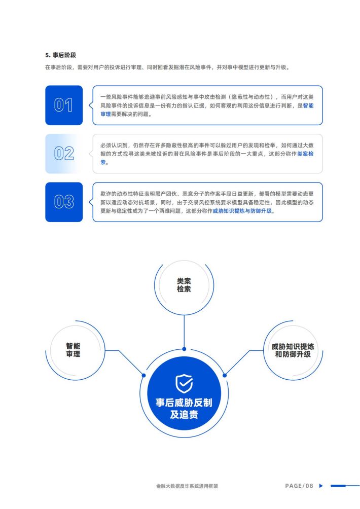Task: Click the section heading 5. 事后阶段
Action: coord(60,55)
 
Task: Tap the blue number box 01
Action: coord(64,105)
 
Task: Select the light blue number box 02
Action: coord(64,154)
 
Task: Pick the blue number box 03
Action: coord(64,202)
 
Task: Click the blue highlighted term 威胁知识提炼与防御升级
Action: coord(242,211)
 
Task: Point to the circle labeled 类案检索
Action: coord(184,285)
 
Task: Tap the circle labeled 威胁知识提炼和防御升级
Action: coord(293,350)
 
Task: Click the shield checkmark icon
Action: coord(184,383)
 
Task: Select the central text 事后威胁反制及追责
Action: coord(184,409)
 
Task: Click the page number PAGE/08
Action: coord(299,486)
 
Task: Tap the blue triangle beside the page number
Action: coord(321,486)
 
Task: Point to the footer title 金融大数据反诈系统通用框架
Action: coord(187,486)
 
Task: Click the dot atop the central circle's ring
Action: coord(184,349)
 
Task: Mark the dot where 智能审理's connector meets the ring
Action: coord(143,376)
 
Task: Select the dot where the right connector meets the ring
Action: coord(225,376)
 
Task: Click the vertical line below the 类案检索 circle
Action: coord(184,331)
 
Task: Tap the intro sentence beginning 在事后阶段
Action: coord(167,67)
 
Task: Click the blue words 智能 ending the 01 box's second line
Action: coord(308,105)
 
